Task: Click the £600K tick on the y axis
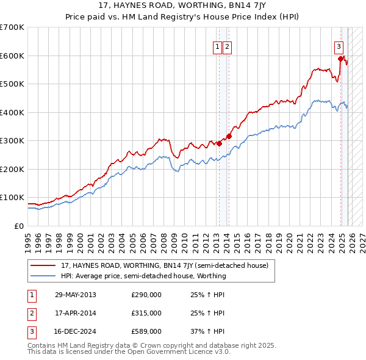tap(12, 56)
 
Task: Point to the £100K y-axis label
tap(12, 198)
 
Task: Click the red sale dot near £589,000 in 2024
tap(340, 59)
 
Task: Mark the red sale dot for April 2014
tap(229, 136)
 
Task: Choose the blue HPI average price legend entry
tap(143, 276)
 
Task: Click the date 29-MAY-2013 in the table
tap(75, 295)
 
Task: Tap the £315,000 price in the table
tap(146, 313)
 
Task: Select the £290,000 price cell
tap(146, 295)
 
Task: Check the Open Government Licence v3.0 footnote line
tap(129, 352)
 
